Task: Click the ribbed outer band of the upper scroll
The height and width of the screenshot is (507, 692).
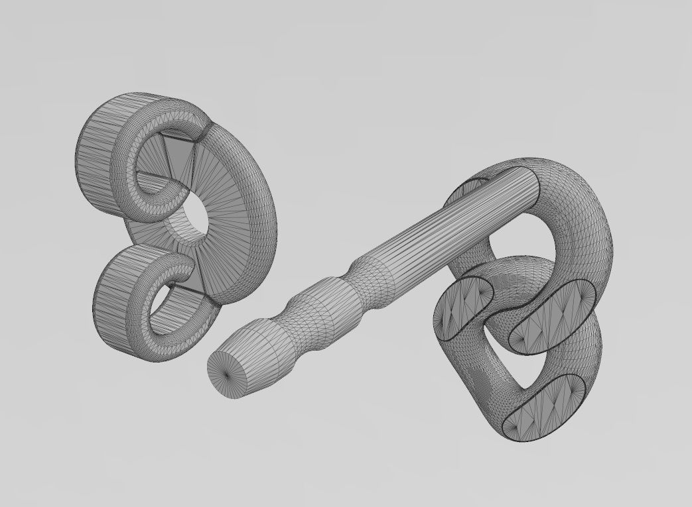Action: point(100,152)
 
